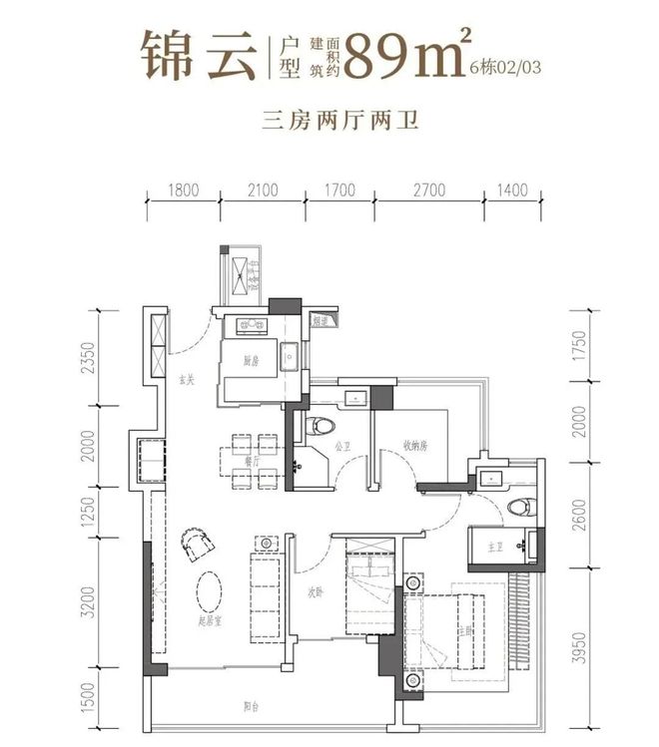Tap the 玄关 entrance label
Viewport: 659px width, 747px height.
tap(186, 380)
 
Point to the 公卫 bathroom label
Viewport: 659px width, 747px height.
tap(339, 447)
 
